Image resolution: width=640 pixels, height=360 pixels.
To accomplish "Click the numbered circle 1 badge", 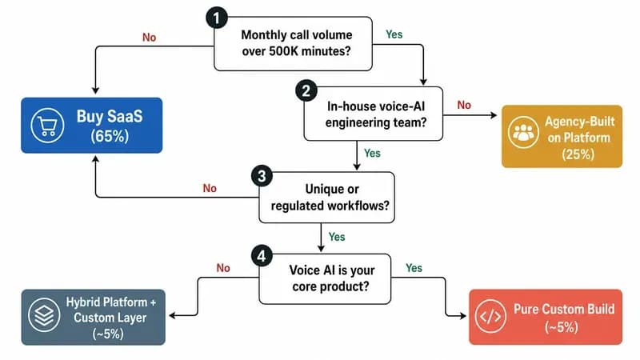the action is click(x=217, y=18).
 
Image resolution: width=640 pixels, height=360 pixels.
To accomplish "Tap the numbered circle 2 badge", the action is click(x=306, y=90).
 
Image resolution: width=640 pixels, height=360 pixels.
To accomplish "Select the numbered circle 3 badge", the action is click(x=262, y=176).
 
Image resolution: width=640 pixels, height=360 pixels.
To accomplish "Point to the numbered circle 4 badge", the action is click(x=262, y=256).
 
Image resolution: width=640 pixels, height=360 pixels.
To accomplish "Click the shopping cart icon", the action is click(x=47, y=126).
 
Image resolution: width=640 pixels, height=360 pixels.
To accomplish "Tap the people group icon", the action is click(x=523, y=132).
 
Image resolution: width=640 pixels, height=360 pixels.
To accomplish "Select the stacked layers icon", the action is click(x=44, y=315).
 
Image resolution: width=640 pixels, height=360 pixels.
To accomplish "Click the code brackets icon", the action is click(x=490, y=316).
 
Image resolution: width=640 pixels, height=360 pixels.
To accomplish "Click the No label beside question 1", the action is click(x=149, y=38).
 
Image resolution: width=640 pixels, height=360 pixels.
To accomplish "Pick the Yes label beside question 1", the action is click(x=394, y=34).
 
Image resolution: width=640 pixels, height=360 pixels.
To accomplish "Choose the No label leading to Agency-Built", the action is click(x=464, y=105).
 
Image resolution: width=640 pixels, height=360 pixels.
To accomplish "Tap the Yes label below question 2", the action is click(x=372, y=153).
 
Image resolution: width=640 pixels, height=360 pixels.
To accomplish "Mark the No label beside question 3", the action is click(x=210, y=188).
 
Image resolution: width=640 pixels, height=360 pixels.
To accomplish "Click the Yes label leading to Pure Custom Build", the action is click(x=414, y=268).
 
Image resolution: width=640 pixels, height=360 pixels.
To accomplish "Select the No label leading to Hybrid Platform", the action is click(x=223, y=268).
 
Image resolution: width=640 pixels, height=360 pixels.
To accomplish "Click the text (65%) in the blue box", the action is click(x=110, y=136).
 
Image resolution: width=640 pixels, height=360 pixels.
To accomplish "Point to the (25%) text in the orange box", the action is click(x=578, y=154).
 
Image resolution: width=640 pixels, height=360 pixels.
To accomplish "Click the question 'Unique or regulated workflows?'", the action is click(x=330, y=197).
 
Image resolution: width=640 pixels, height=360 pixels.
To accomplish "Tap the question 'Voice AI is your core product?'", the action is click(x=331, y=278).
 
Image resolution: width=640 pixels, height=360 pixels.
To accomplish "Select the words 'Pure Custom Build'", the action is click(x=564, y=309).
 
